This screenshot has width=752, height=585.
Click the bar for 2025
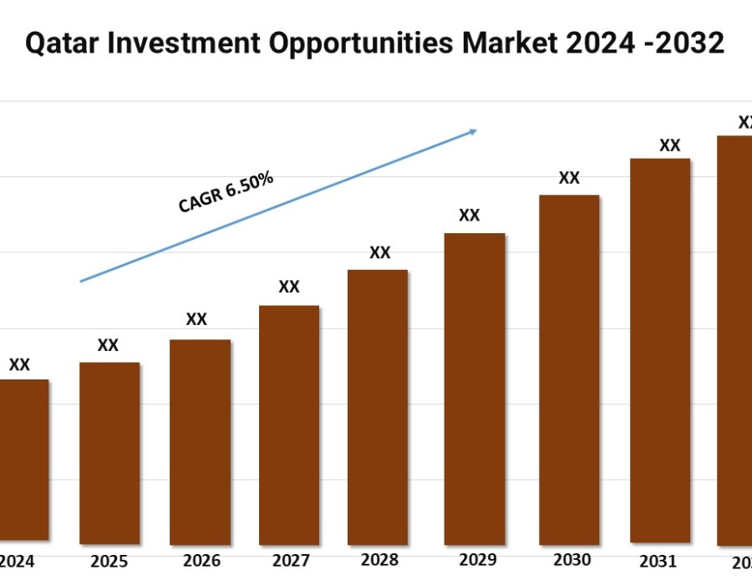[109, 453]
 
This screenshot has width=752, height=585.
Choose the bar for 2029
[475, 389]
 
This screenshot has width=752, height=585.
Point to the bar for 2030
[569, 369]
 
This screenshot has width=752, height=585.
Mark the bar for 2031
[660, 351]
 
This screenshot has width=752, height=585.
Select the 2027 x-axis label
[289, 561]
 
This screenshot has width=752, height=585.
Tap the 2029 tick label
[475, 560]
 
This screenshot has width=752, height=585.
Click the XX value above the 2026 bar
[196, 319]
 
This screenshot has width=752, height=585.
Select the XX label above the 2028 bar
[380, 252]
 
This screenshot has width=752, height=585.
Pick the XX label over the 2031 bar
[670, 145]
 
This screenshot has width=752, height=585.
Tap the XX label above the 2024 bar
[19, 364]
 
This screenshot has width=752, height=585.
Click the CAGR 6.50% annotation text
[226, 192]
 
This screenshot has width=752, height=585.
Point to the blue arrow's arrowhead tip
[476, 130]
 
